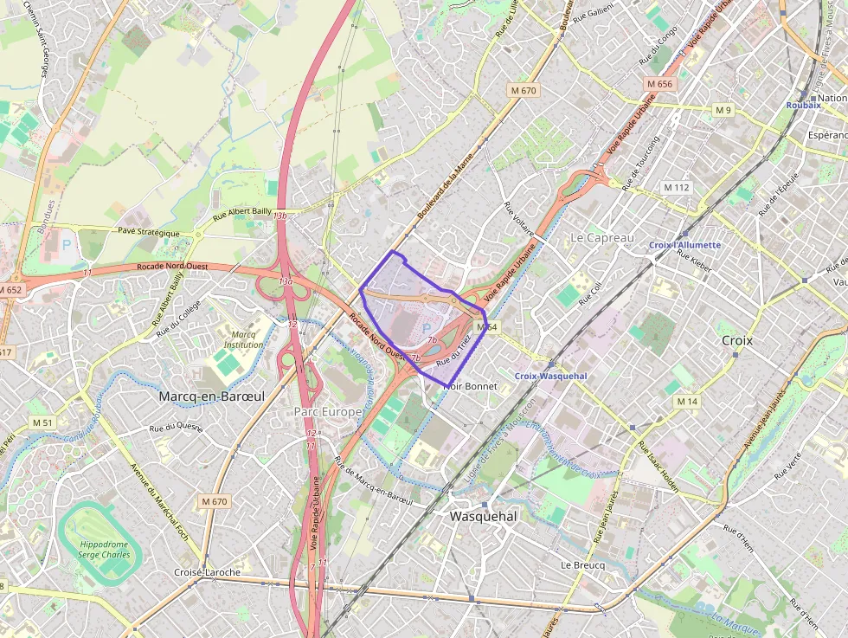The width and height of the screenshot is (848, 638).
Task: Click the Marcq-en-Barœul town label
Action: point(211,396)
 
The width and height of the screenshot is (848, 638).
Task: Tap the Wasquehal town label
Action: point(483,516)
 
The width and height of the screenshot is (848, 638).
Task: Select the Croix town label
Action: point(736,340)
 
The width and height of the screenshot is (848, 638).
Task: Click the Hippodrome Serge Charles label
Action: point(104,551)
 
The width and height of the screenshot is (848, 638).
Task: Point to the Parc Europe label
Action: point(327,411)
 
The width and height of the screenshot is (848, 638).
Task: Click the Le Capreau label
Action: point(602,237)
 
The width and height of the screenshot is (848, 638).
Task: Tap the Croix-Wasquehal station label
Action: point(550,376)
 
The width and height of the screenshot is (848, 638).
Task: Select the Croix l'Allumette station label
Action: point(684,245)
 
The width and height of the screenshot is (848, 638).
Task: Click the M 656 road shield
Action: point(658,84)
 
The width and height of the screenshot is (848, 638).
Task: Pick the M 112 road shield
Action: point(676,187)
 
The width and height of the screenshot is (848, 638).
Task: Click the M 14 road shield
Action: point(687,402)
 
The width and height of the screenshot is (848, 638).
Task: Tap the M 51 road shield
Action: point(42,422)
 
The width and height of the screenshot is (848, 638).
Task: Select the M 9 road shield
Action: point(723,110)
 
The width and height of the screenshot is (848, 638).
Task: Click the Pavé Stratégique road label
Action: point(148,233)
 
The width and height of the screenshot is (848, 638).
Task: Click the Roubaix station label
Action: point(802,105)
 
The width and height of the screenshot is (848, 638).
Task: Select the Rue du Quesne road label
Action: point(176,427)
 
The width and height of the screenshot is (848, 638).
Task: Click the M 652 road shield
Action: point(10,290)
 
